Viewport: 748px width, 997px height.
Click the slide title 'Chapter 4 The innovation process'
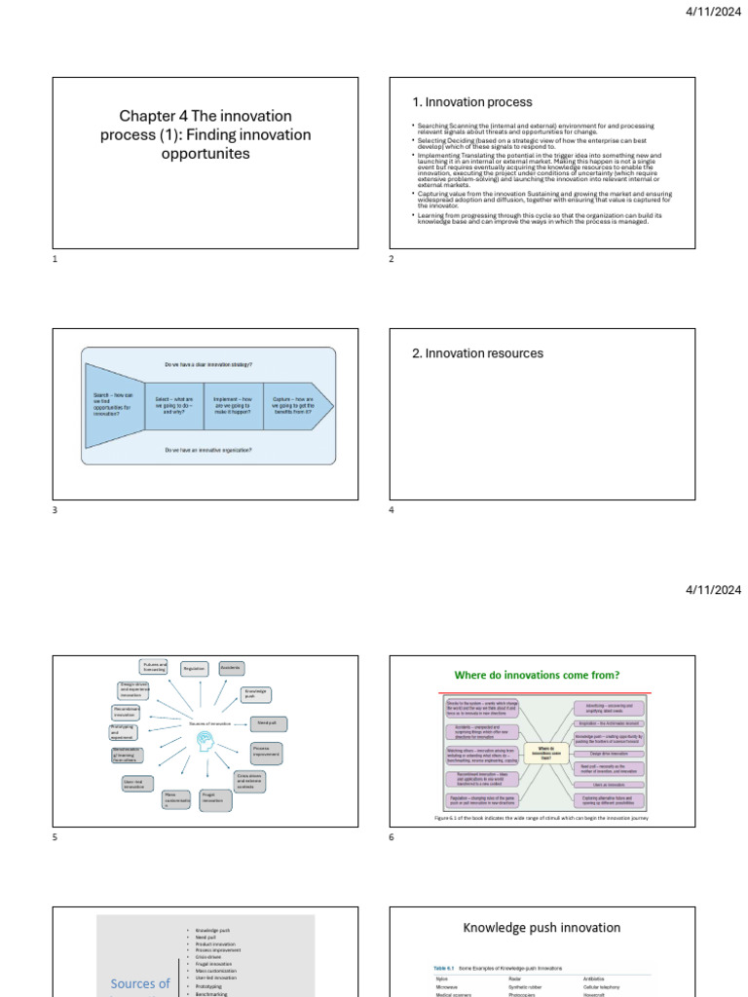(x=205, y=134)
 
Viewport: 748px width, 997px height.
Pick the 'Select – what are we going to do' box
(x=174, y=405)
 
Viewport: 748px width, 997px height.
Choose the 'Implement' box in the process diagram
(x=233, y=405)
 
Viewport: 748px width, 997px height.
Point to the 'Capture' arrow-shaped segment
(x=294, y=405)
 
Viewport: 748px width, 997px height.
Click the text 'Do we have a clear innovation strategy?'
(x=208, y=365)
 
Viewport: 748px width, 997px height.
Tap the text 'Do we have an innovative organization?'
(x=208, y=450)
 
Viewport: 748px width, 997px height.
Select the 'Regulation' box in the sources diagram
(x=195, y=669)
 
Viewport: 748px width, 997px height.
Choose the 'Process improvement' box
(x=266, y=753)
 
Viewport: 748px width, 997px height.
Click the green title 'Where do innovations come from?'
(x=538, y=675)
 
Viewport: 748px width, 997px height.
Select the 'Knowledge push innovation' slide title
(x=542, y=928)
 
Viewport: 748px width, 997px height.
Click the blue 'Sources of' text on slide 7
(x=140, y=983)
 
